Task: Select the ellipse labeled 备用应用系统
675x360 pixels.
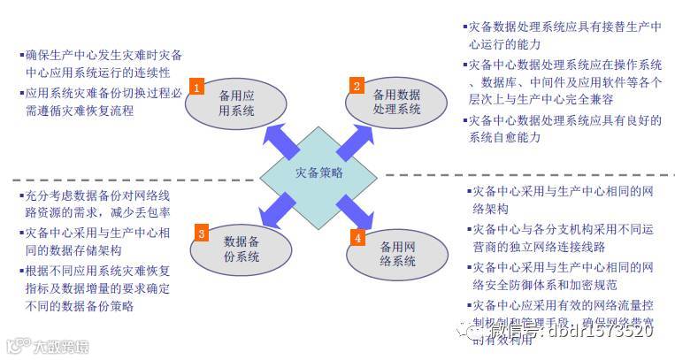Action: click(236, 103)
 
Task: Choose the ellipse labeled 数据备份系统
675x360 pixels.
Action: click(241, 249)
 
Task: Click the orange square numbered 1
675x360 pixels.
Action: click(196, 86)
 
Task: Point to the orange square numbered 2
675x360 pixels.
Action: click(357, 86)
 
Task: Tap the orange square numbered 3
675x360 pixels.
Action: click(201, 234)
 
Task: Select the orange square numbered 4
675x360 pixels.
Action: click(357, 237)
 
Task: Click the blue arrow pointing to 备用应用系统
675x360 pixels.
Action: click(279, 139)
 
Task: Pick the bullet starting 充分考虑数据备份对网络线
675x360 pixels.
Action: click(97, 204)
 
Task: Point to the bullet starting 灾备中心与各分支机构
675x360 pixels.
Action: click(562, 239)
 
